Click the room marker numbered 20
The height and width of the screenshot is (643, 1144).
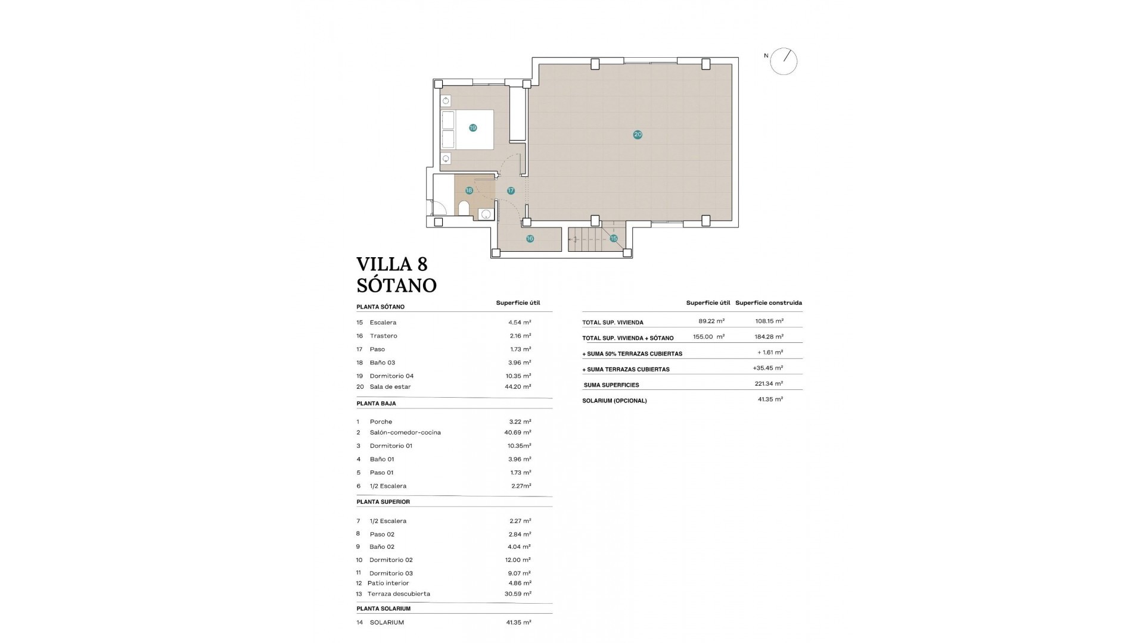[x=638, y=135]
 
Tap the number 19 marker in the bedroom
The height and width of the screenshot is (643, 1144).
[x=472, y=128]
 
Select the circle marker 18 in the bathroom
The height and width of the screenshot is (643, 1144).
[x=469, y=191]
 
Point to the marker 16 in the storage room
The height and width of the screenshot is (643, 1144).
[x=530, y=239]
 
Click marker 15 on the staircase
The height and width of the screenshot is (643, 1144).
[x=614, y=239]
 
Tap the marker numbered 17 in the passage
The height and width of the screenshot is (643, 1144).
[x=511, y=191]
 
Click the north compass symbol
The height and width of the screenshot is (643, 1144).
[x=783, y=61]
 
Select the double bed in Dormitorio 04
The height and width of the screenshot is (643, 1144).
[x=468, y=129]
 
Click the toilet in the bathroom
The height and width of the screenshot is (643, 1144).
[x=464, y=208]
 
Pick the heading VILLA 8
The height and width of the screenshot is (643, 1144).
[x=392, y=264]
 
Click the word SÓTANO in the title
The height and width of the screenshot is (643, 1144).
[x=396, y=286]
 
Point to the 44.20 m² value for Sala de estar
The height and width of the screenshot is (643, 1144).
[x=517, y=387]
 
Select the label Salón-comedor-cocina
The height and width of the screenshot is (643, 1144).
[x=405, y=433]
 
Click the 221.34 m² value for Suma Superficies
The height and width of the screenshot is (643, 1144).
[x=768, y=384]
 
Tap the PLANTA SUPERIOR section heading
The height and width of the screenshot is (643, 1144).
[x=383, y=502]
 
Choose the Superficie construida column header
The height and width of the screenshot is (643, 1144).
[x=768, y=303]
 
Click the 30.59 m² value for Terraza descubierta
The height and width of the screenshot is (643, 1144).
[x=517, y=594]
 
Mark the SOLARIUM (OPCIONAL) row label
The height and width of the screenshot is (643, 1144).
[x=614, y=401]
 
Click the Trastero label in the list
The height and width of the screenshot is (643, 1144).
[x=383, y=336]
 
